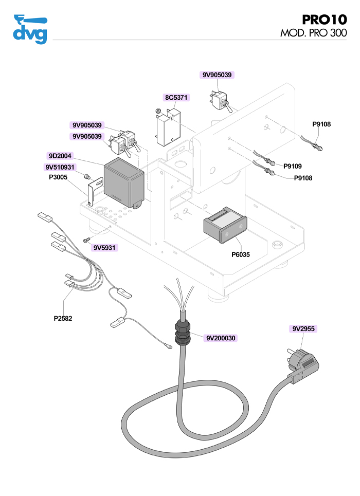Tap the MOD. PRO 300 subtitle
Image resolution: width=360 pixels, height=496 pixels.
click(x=313, y=33)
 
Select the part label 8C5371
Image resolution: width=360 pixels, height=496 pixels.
click(x=177, y=97)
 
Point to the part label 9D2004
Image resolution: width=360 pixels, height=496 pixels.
click(x=60, y=156)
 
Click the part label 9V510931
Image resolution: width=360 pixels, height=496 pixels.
click(x=60, y=167)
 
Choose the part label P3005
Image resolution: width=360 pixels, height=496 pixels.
click(x=58, y=177)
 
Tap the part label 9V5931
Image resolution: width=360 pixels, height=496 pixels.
click(x=104, y=248)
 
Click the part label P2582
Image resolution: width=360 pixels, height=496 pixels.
click(x=63, y=318)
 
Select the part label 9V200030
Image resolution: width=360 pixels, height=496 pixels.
click(x=221, y=338)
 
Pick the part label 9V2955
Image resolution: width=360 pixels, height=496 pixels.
click(x=303, y=328)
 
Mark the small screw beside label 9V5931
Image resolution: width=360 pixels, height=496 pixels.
click(x=86, y=240)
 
